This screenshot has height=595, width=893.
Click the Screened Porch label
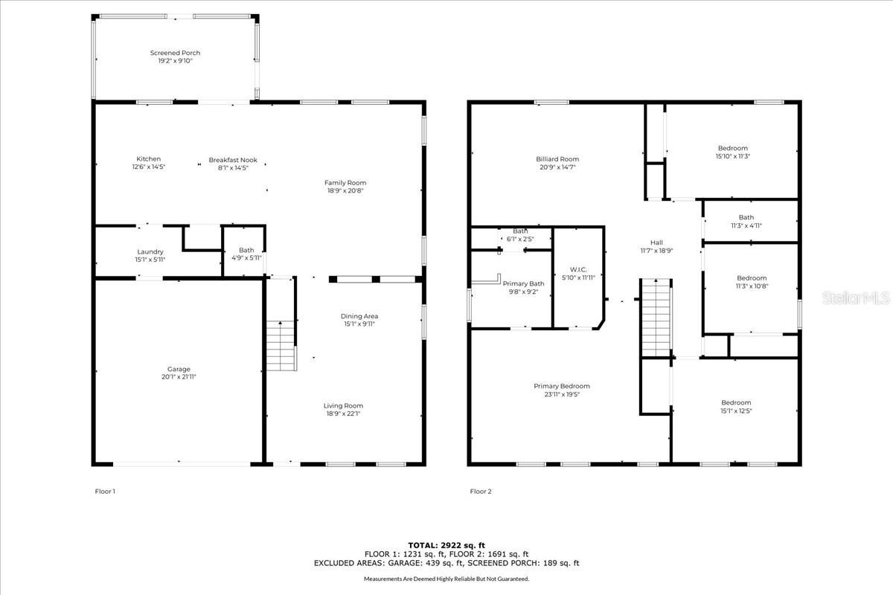[175, 53]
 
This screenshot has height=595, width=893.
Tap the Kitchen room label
[148, 158]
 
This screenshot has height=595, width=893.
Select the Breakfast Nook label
[232, 159]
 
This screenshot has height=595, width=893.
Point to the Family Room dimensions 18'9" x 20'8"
[345, 190]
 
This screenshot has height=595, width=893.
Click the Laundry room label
[150, 251]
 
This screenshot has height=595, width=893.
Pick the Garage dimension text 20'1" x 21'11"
[179, 377]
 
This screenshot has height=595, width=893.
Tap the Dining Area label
[359, 316]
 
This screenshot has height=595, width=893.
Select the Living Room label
[343, 405]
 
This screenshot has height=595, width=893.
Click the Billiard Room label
[557, 159]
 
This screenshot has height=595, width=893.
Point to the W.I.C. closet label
[577, 269]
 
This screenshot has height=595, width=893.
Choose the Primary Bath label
[523, 283]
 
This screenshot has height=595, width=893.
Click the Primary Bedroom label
[561, 386]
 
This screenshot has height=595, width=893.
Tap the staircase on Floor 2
[656, 318]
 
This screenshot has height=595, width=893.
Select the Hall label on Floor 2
[656, 242]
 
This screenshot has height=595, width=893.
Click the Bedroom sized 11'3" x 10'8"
[751, 282]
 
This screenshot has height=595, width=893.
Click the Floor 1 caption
[105, 491]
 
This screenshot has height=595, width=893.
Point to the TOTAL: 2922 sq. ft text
[446, 545]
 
